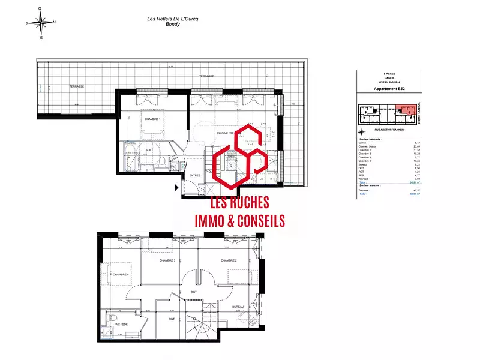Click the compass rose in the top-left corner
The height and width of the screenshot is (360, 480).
tap(41, 23)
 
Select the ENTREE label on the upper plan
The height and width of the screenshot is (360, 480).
tap(195, 175)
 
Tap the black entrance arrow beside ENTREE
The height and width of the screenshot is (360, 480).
tap(176, 188)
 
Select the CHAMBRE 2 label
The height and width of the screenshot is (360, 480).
tap(229, 260)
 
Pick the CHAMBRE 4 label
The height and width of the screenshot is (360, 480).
tap(119, 274)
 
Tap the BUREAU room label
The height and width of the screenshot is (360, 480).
tap(238, 307)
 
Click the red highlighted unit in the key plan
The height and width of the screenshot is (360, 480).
tap(407, 110)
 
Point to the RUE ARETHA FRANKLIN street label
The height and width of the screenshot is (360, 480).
tap(389, 130)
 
